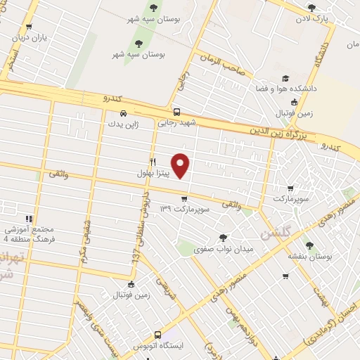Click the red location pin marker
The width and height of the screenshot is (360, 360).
181,165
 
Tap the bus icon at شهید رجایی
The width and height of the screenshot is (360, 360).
176,112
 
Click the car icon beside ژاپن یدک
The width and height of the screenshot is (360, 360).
123,112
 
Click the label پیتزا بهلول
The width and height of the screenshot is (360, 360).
153,172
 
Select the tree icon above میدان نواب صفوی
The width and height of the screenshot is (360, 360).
224,238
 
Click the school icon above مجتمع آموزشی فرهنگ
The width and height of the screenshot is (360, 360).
29,219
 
